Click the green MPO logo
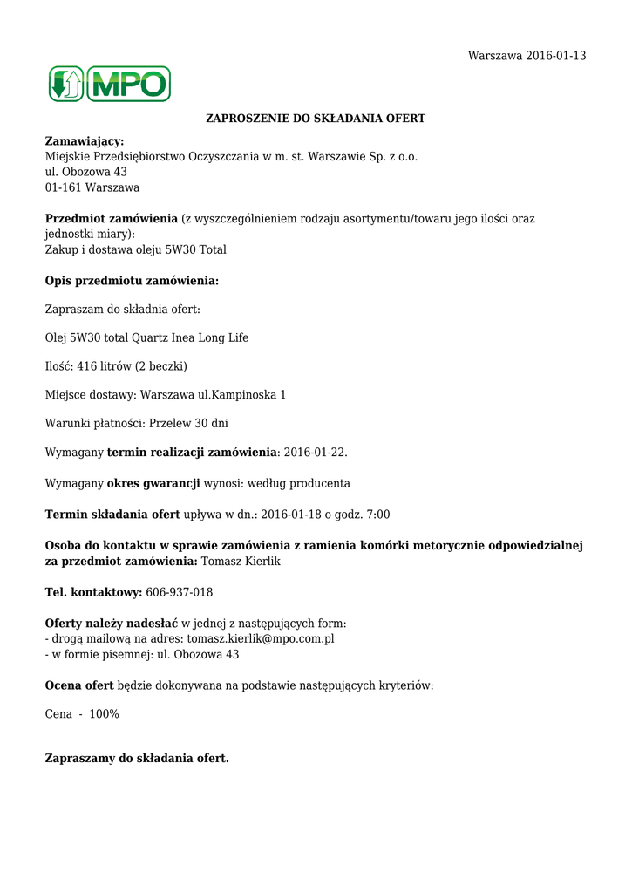tap(110, 85)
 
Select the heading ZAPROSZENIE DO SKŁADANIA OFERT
tap(316, 118)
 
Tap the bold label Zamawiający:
tap(85, 141)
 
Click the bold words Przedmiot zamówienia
tap(112, 219)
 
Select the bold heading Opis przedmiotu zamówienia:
tap(132, 281)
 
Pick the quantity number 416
tap(87, 366)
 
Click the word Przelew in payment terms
tap(171, 424)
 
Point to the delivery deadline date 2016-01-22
tap(315, 453)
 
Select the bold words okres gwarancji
tap(153, 483)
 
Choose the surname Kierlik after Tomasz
tap(261, 562)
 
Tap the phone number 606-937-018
tap(179, 593)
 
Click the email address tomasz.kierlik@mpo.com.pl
tap(261, 639)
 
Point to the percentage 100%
tap(105, 714)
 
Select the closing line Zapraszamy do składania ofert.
tap(137, 759)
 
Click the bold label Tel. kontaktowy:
tap(93, 593)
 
